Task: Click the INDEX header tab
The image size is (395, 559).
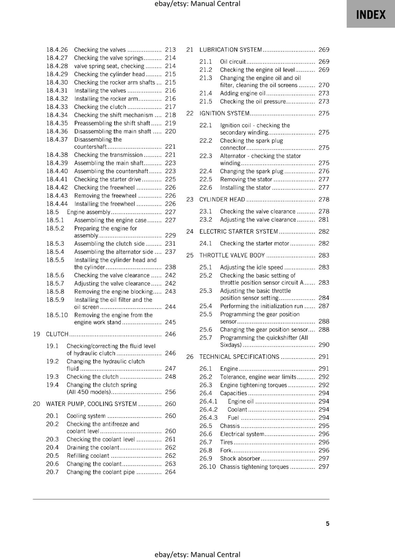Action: coord(371,15)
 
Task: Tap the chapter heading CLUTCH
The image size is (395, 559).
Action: coord(57,334)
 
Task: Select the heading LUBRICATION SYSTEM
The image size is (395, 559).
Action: coord(231,50)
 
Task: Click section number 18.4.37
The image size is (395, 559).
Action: coord(57,139)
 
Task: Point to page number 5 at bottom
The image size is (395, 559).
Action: coord(328,523)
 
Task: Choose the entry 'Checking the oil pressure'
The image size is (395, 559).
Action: coord(253,101)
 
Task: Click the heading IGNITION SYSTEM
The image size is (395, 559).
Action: coord(224,113)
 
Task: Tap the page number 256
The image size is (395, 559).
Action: coord(170,392)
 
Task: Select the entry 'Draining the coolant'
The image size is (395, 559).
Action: coord(93,448)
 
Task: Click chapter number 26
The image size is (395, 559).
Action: coord(190,357)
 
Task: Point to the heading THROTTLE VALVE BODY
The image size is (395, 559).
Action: coord(232,255)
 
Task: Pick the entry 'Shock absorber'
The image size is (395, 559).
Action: coord(240,458)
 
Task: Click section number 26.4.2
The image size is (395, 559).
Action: coord(208,409)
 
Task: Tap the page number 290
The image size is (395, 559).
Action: coord(324,345)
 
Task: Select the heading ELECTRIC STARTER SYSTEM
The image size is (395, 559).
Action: coord(239,232)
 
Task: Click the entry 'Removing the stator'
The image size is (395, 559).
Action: coord(246,179)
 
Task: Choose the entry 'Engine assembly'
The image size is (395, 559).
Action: coord(89,212)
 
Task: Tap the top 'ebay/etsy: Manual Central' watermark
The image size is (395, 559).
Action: coord(197,4)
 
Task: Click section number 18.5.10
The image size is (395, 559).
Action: coord(57,315)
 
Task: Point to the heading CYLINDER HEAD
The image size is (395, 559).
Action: coord(222,199)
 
